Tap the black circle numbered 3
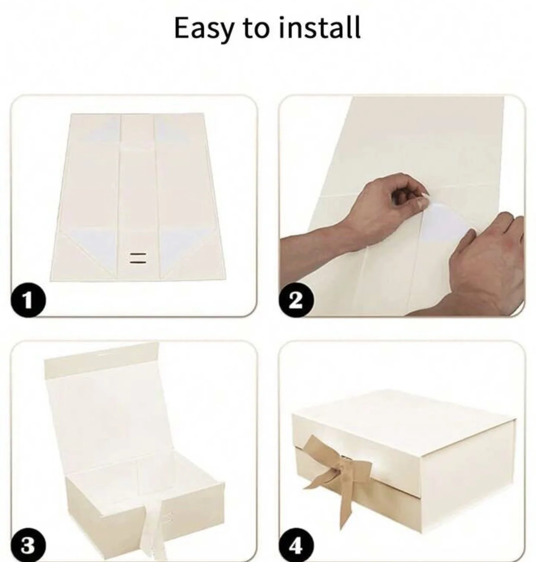pos(28,546)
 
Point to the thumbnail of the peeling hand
pos(421,204)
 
